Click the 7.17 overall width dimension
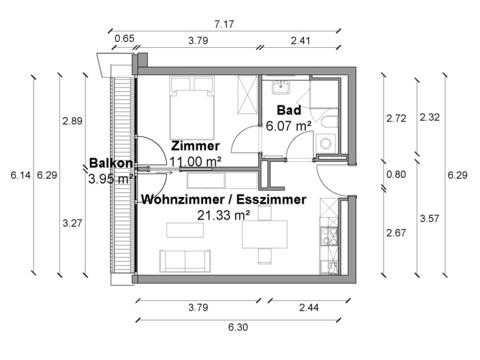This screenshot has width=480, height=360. [x=224, y=24]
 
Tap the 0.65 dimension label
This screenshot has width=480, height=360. [x=124, y=38]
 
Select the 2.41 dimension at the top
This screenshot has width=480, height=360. [x=300, y=41]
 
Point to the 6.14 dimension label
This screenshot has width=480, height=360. [x=20, y=175]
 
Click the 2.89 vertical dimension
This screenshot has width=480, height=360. [x=72, y=121]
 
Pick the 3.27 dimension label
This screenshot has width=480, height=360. [x=72, y=223]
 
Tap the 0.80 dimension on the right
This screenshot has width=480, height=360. [x=396, y=174]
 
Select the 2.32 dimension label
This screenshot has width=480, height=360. [x=430, y=117]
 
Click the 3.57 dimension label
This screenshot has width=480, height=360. [x=430, y=219]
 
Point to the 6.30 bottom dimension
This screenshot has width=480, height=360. [x=238, y=327]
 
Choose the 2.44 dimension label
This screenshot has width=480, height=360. [x=309, y=307]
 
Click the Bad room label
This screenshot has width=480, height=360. [x=289, y=110]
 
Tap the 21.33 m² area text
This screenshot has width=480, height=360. [x=223, y=215]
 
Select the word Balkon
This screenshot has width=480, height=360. [x=111, y=163]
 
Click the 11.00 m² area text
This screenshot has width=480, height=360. [x=196, y=162]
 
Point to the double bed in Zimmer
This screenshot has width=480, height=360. [x=192, y=108]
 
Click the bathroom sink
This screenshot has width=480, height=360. [x=281, y=87]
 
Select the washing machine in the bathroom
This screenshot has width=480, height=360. [x=326, y=143]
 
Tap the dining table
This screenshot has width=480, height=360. [x=265, y=234]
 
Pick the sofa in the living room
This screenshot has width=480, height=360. [x=185, y=261]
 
